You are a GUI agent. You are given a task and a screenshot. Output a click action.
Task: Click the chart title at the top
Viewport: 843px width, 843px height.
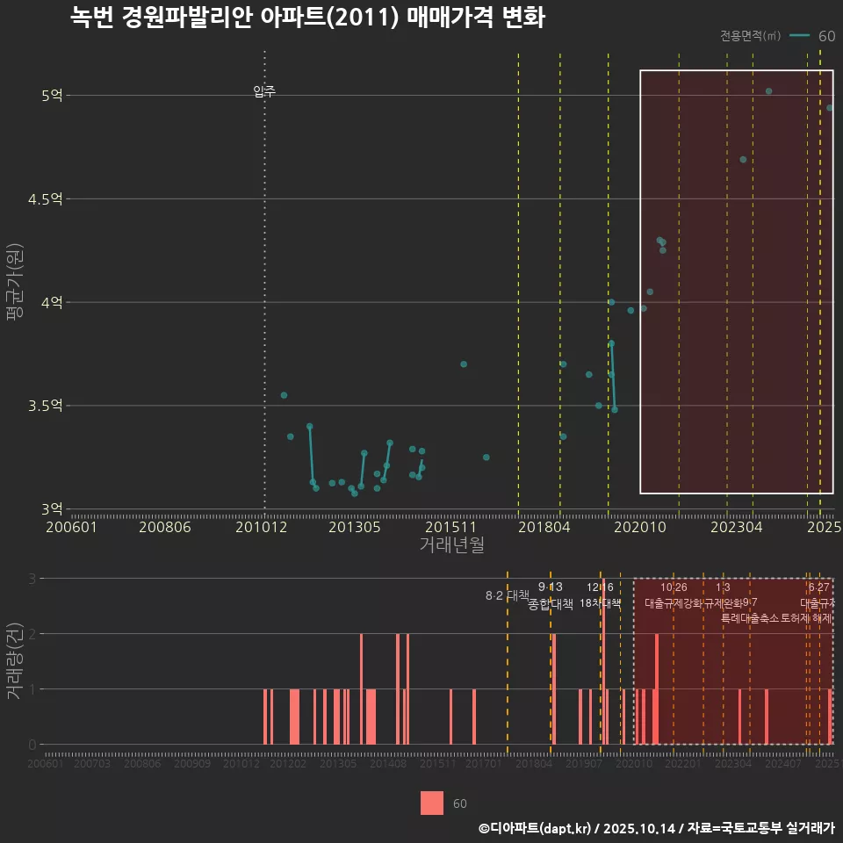click(x=307, y=18)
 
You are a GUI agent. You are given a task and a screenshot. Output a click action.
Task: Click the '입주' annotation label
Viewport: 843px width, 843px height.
click(x=264, y=91)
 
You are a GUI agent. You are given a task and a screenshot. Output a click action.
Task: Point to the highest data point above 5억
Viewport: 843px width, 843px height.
click(x=768, y=91)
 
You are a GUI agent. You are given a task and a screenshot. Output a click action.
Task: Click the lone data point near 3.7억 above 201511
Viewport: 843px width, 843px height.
click(x=464, y=364)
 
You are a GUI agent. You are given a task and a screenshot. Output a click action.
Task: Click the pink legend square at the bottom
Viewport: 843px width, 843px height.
click(x=431, y=803)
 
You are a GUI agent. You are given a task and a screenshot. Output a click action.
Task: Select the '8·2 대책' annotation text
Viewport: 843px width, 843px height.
click(x=501, y=595)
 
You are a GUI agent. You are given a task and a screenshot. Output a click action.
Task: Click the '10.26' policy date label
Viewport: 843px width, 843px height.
click(x=674, y=587)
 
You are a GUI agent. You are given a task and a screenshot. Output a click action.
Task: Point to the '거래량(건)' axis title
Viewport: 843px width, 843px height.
click(x=15, y=660)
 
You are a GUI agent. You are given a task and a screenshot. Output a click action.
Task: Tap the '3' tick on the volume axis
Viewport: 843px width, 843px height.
click(x=32, y=579)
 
